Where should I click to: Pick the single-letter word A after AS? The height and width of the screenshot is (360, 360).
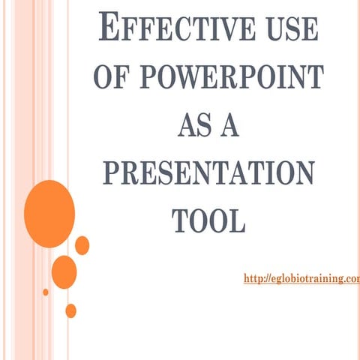[x=228, y=125]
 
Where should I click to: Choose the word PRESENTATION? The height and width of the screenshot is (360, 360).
[x=208, y=173]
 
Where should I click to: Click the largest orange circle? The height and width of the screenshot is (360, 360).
[x=49, y=214]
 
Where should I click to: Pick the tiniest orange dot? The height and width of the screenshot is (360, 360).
[x=46, y=292]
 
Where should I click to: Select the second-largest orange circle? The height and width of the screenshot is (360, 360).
[x=64, y=271]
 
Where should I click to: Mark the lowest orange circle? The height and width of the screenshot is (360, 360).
[x=70, y=310]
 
